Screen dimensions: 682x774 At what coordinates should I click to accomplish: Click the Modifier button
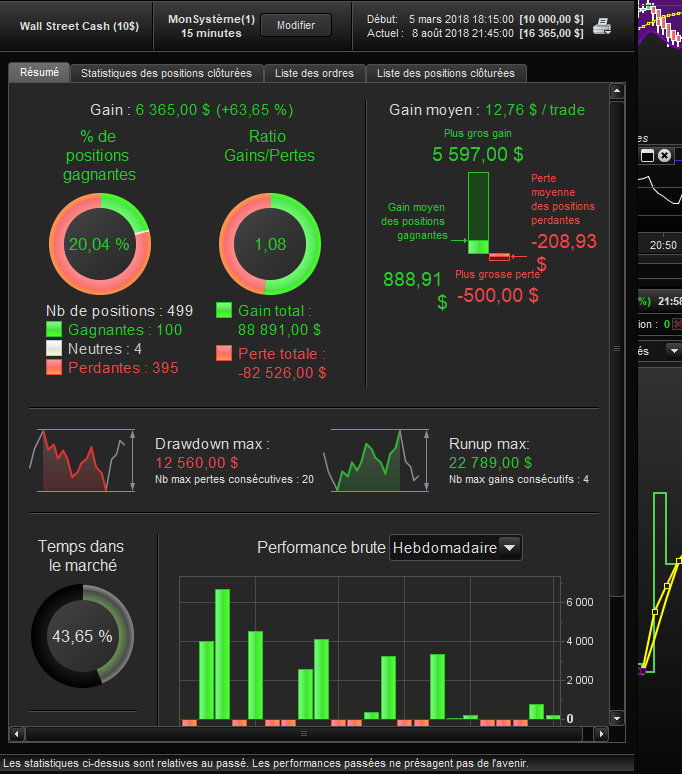296,25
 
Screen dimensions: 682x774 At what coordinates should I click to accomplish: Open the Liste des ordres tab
314,73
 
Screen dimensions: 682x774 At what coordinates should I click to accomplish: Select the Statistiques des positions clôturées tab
166,73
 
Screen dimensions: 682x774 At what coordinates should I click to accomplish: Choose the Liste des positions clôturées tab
446,73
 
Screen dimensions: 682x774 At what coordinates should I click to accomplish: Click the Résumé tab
39,72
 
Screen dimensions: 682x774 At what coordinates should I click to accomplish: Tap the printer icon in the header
602,26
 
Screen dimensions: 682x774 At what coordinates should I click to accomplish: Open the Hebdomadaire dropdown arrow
510,547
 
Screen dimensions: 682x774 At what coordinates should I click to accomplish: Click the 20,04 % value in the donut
99,244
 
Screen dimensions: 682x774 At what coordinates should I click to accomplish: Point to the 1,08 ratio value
270,244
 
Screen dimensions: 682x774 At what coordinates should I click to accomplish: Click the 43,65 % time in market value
82,636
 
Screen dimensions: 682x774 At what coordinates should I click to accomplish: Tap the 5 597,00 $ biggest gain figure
478,155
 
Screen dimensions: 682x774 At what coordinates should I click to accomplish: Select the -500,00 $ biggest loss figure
498,295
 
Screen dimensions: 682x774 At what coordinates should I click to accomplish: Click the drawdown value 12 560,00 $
197,463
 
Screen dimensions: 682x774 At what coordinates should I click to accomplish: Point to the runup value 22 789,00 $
491,463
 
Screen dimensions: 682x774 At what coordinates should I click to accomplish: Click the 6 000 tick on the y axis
580,602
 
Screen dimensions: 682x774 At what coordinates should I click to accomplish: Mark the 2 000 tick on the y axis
580,680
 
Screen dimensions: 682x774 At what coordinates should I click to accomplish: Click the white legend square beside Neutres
54,348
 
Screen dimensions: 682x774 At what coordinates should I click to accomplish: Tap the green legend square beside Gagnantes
54,329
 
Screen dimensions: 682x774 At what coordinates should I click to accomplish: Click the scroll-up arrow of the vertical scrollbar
617,91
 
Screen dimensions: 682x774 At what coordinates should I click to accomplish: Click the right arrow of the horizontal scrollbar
601,734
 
